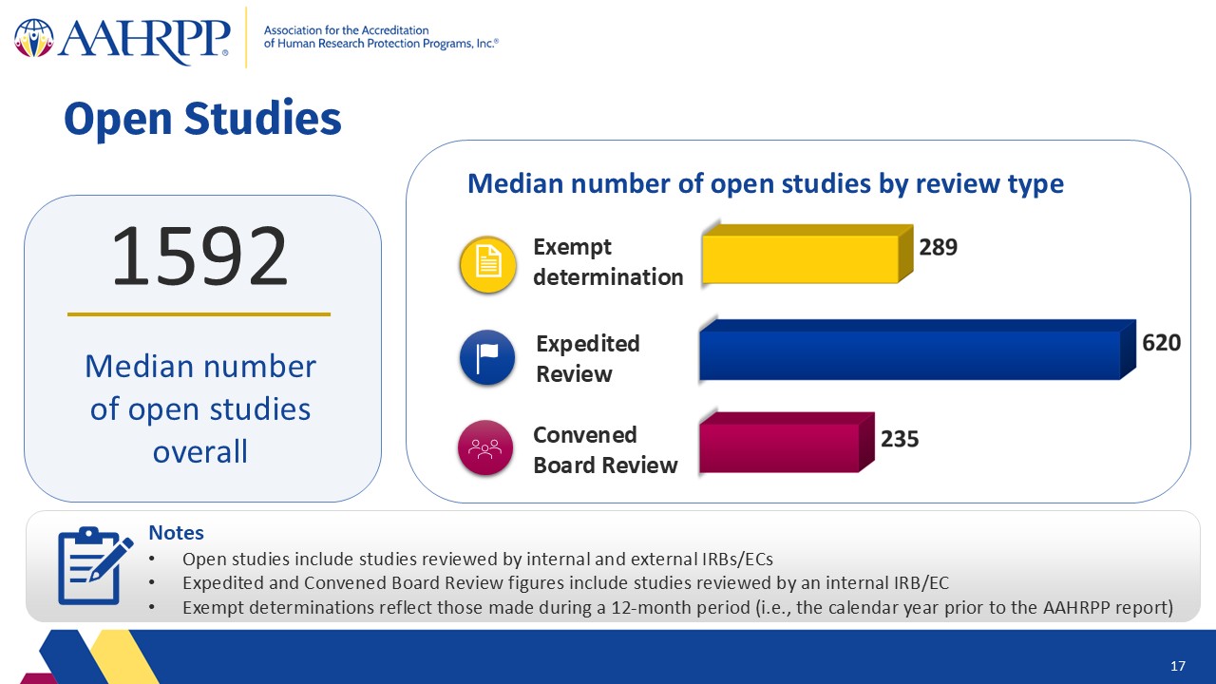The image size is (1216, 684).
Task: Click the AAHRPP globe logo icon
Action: tap(34, 38)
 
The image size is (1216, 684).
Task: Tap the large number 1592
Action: tap(199, 256)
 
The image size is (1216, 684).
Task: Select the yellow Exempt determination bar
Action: tap(807, 254)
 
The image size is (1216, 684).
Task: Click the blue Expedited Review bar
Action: tap(918, 350)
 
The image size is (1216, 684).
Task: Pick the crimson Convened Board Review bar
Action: tap(787, 443)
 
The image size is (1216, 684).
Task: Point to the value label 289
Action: tap(938, 247)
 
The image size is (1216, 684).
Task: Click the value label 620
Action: tap(1161, 343)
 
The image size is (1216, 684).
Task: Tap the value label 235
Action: tap(900, 439)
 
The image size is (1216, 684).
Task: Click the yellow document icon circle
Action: tap(487, 264)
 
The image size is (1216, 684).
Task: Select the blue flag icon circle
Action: tap(487, 358)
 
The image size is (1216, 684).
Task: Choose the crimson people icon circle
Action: tap(485, 447)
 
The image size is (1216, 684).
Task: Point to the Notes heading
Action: tap(177, 533)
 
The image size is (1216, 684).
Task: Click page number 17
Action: tap(1177, 666)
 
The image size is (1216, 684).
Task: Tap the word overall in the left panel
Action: tap(199, 451)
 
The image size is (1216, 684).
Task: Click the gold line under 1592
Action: tap(199, 314)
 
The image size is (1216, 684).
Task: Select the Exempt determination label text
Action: tap(608, 262)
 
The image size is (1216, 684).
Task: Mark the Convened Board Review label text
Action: tap(605, 450)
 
